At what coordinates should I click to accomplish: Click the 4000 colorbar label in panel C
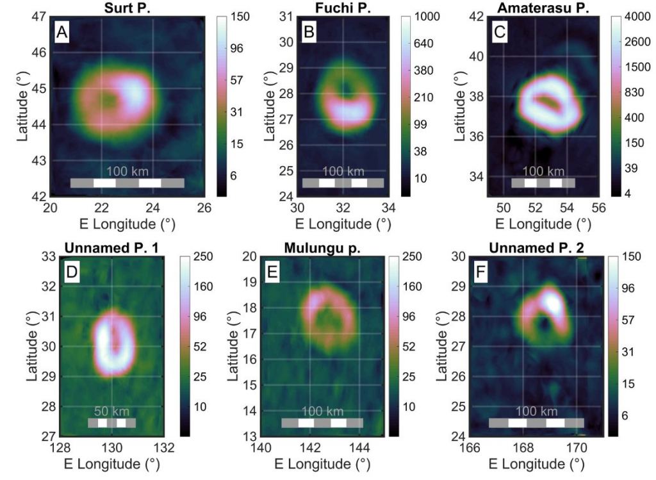coord(632,17)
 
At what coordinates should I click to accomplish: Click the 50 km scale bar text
coord(111,411)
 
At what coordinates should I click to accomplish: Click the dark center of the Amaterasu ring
coord(546,101)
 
